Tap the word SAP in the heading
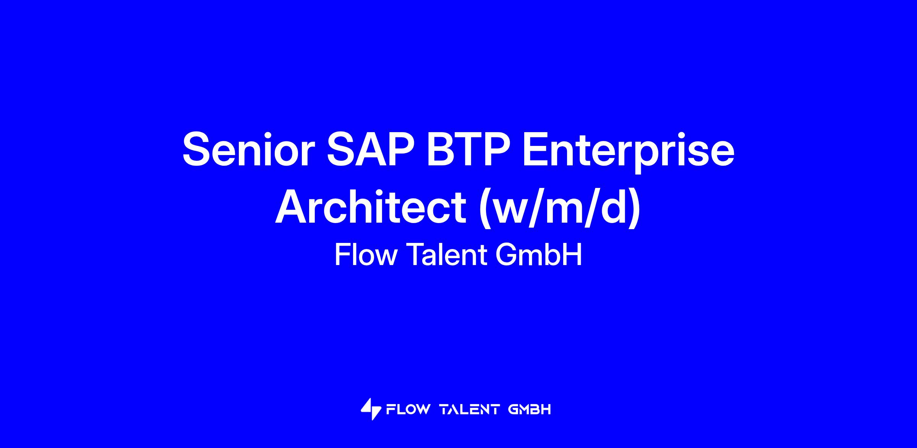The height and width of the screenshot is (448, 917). point(370,150)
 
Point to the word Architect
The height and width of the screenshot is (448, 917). point(371,207)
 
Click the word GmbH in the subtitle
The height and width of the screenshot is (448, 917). point(539,255)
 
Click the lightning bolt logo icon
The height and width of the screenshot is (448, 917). point(371,409)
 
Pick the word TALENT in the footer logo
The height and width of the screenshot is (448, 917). point(470,410)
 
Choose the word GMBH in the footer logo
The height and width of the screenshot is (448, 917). point(530,410)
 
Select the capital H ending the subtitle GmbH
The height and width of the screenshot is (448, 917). point(573,255)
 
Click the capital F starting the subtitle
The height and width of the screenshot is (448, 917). point(342,255)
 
